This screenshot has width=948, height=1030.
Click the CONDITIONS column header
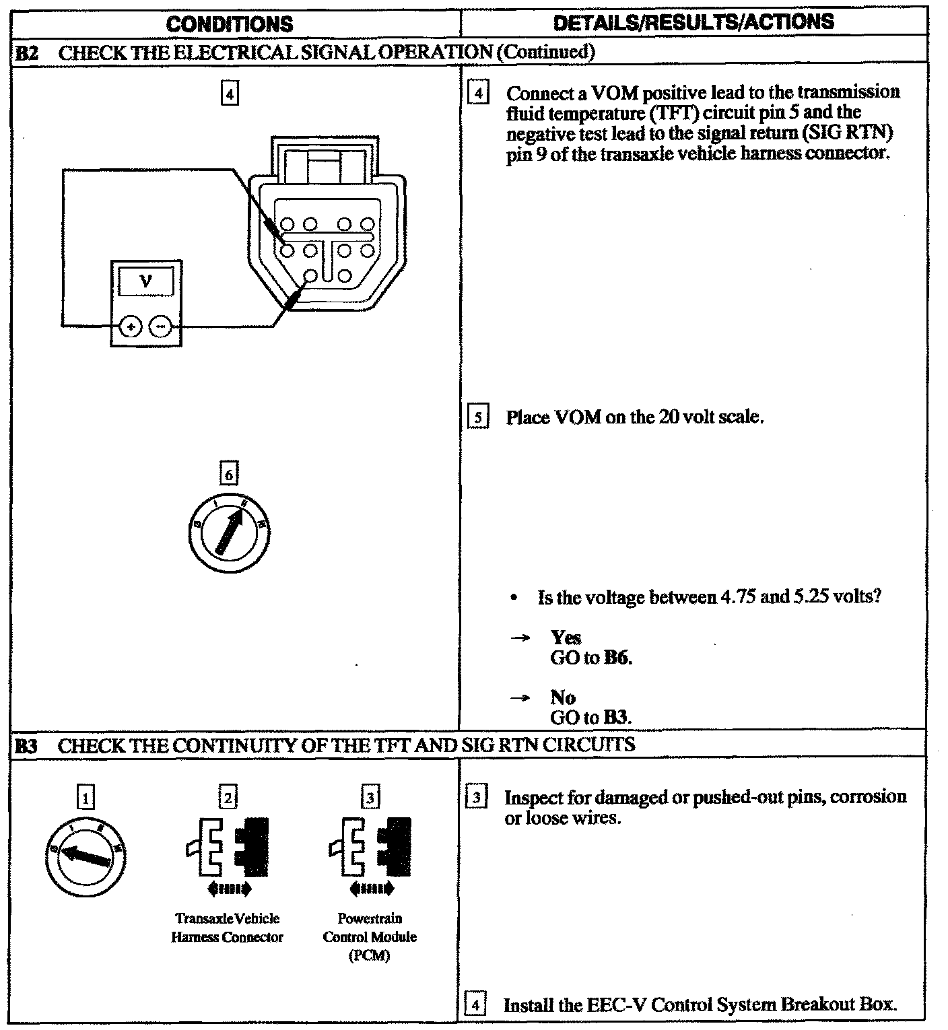click(230, 24)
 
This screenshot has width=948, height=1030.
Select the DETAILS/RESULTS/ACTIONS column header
click(693, 22)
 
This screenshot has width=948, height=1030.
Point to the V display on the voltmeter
click(145, 281)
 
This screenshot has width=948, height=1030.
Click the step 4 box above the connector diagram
click(229, 94)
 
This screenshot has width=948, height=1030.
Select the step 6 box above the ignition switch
click(229, 475)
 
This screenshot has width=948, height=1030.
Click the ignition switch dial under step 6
click(229, 532)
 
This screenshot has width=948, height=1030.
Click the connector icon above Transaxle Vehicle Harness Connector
click(228, 850)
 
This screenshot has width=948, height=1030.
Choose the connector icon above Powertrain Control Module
click(370, 850)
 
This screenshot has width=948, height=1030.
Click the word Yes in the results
click(566, 638)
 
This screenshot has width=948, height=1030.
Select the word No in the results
click(562, 697)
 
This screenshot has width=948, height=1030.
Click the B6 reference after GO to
click(617, 658)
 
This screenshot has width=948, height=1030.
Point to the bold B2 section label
click(26, 53)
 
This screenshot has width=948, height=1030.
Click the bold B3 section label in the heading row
click(26, 746)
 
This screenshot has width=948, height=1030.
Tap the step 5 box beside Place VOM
click(477, 417)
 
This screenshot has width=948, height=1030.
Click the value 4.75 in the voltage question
click(738, 597)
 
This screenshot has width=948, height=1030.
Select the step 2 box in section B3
click(228, 798)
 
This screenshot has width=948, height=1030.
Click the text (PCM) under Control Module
click(370, 956)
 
